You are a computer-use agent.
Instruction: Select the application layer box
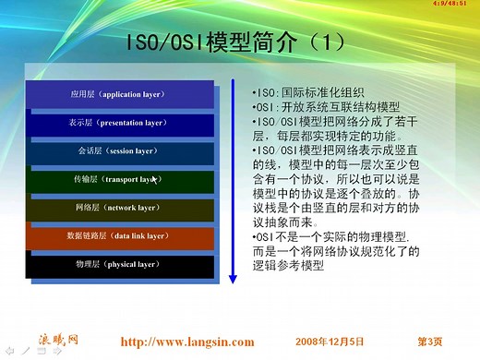pos(119,95)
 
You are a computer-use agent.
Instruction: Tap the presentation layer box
pos(119,123)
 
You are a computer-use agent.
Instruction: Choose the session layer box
pos(119,151)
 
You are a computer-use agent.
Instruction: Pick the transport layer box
pos(119,180)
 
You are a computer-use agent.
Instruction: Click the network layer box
pos(119,209)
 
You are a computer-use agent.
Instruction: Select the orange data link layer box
pos(119,237)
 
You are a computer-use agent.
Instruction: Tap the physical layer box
pos(119,266)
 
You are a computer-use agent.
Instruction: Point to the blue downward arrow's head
pos(234,278)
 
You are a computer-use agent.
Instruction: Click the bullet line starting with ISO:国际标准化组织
pos(308,92)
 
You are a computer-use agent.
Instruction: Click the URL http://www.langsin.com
pos(187,342)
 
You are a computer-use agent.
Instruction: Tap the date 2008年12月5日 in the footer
pos(330,342)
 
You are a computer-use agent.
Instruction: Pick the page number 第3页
pos(431,342)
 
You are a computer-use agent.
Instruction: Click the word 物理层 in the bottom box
pos(89,266)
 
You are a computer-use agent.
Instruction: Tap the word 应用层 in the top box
pos(84,95)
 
